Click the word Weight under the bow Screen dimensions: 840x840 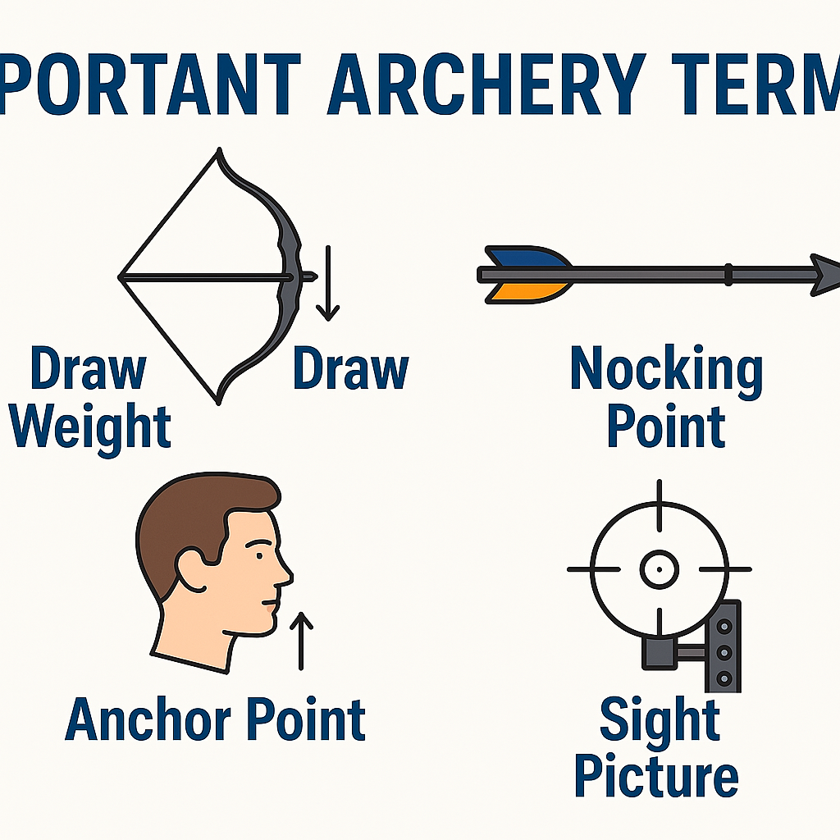(90, 428)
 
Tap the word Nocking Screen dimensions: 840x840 (666, 372)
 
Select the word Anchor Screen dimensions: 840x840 (148, 719)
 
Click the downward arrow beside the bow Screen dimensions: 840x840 (328, 283)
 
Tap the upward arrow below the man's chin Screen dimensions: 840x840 (301, 641)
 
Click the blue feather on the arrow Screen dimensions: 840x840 (527, 257)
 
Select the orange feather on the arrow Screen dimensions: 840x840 (527, 293)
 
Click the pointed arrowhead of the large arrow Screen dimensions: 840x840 (825, 275)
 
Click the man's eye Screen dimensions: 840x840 (259, 556)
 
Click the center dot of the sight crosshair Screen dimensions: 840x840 (659, 569)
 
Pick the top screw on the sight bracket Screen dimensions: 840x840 (724, 626)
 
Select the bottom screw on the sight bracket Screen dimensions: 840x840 (724, 678)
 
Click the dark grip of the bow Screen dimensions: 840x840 (290, 276)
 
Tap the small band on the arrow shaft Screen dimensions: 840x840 (728, 274)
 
